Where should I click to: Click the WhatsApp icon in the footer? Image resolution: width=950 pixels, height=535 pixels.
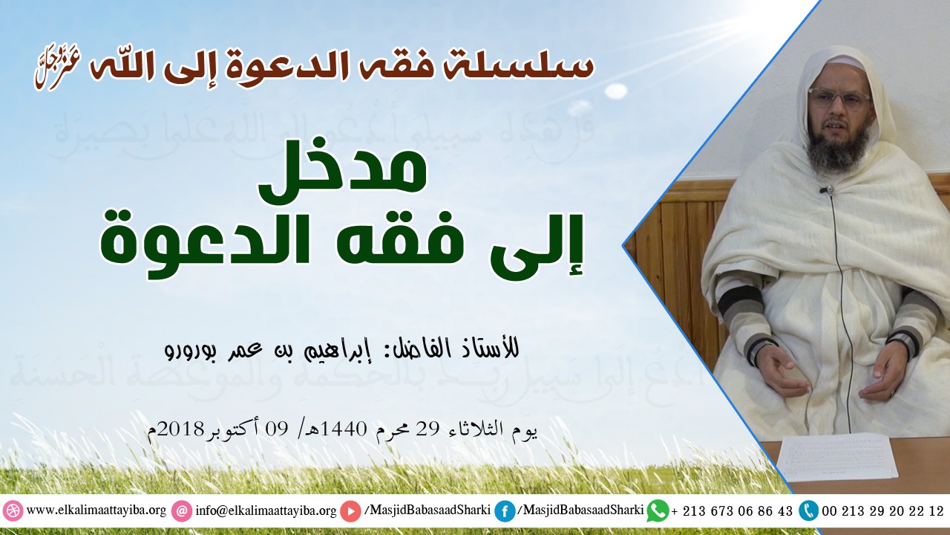tap(658, 511)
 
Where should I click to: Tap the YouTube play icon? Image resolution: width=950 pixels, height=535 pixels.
tap(350, 511)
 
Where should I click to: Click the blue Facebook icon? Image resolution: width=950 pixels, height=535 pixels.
tap(505, 511)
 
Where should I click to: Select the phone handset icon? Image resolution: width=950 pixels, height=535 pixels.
tap(808, 510)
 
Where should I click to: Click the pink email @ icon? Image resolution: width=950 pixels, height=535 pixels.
tap(181, 511)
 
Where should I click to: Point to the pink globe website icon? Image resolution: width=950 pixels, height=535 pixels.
tap(13, 511)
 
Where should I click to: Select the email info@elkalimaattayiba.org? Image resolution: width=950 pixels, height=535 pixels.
tap(266, 511)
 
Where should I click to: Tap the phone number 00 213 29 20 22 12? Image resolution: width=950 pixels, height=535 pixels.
tap(882, 511)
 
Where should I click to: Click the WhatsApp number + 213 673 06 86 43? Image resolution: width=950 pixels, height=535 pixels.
tap(731, 511)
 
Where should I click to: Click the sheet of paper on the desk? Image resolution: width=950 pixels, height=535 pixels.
tap(836, 455)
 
